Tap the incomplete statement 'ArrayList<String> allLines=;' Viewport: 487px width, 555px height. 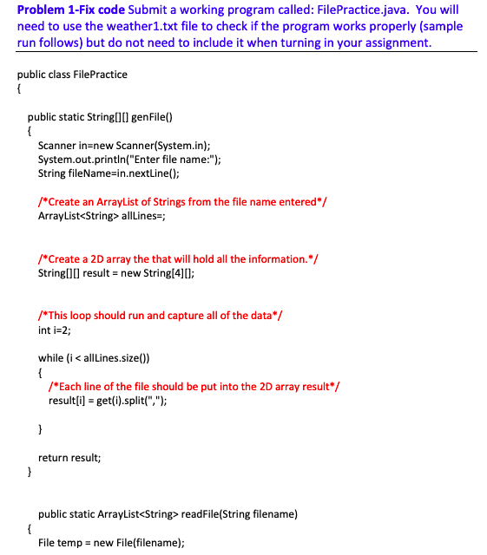(101, 216)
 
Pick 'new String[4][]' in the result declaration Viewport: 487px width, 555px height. (160, 272)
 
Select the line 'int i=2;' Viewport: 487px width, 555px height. (55, 330)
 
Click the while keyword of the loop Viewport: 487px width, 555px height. (50, 357)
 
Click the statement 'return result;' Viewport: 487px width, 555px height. (69, 456)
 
